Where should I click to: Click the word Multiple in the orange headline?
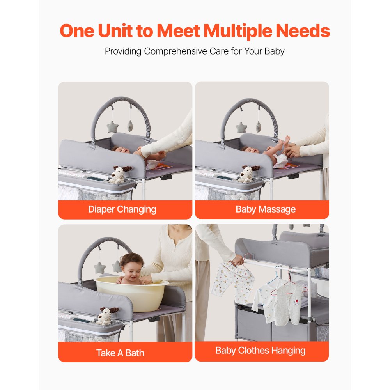(238, 31)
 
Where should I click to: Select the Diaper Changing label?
(122, 209)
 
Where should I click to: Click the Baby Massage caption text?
(266, 209)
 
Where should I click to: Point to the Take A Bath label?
(121, 353)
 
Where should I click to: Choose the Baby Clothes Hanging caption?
(261, 351)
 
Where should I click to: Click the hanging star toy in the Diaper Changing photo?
(112, 127)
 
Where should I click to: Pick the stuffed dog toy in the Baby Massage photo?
(248, 173)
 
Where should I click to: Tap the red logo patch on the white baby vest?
(297, 302)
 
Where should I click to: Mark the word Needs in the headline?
(303, 31)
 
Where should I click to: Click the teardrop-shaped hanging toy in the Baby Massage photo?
(259, 126)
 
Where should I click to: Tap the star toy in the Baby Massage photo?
(241, 128)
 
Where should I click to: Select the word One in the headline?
(77, 31)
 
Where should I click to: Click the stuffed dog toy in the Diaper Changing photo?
(120, 174)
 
